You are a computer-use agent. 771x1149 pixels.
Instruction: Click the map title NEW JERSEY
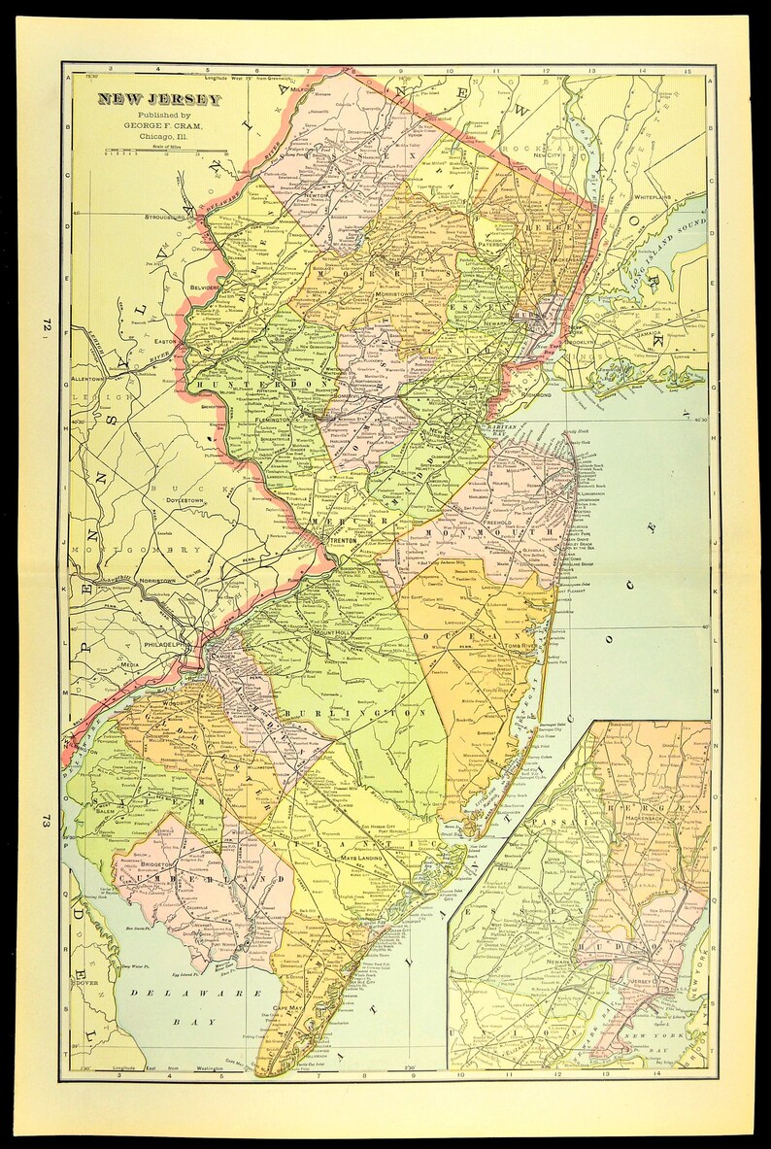click(x=144, y=100)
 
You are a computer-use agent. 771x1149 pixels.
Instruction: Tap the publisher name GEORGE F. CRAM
click(x=148, y=125)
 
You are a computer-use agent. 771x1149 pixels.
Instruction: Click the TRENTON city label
click(x=345, y=545)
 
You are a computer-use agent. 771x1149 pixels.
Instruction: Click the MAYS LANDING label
click(x=361, y=860)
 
